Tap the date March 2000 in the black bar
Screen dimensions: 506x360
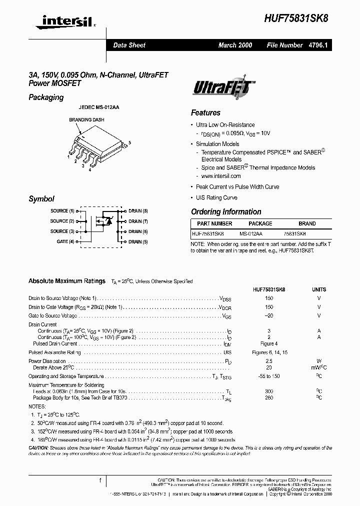click(235, 45)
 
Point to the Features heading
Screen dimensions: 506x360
click(205, 113)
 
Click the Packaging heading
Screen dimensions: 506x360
click(46, 97)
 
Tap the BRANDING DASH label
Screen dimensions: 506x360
click(86, 120)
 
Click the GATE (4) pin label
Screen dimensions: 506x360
click(65, 241)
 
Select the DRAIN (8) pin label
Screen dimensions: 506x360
click(138, 211)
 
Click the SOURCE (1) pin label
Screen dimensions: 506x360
click(62, 211)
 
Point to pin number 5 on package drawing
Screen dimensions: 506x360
click(130, 143)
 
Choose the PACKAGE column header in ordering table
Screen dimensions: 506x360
click(260, 223)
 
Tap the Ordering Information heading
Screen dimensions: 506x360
click(226, 212)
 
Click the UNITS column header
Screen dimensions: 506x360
click(318, 289)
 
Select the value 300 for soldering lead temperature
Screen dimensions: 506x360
click(269, 391)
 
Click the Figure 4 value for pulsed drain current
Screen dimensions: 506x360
click(269, 343)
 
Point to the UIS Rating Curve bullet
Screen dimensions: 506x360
click(216, 197)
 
